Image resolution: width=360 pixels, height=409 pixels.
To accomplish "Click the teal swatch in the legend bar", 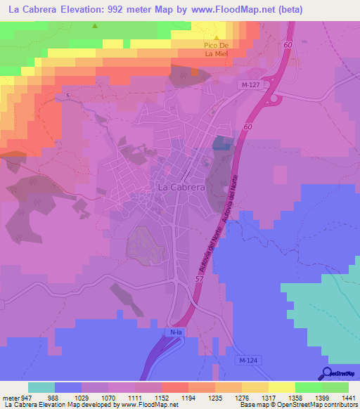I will click(x=41, y=387).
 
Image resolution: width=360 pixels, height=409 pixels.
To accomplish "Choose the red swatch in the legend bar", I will click(x=174, y=387).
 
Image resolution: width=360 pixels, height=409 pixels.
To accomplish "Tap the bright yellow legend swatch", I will click(x=281, y=387).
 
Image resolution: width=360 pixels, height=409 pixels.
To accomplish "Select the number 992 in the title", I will click(x=120, y=10).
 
